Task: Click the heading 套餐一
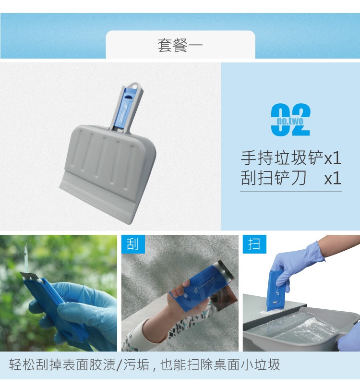(x=180, y=46)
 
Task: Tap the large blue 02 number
(x=290, y=120)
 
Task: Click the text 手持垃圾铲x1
(x=291, y=158)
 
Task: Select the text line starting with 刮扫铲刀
(x=291, y=178)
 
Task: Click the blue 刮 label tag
(x=133, y=244)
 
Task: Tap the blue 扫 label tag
(x=254, y=244)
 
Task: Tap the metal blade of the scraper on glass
(x=29, y=276)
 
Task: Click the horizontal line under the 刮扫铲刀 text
(x=291, y=192)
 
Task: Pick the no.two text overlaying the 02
(x=290, y=121)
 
